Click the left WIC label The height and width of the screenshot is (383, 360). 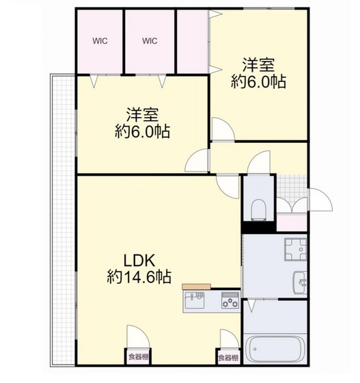pyautogui.click(x=100, y=41)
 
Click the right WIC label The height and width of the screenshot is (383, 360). pyautogui.click(x=150, y=40)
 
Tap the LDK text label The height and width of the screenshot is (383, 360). pyautogui.click(x=139, y=261)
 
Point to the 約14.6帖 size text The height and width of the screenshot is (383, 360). pyautogui.click(x=139, y=276)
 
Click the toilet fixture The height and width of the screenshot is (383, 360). pyautogui.click(x=258, y=209)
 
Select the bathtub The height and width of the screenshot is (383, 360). pyautogui.click(x=275, y=349)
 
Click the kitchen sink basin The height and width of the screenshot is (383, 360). pyautogui.click(x=195, y=300)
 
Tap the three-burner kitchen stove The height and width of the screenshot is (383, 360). pyautogui.click(x=230, y=300)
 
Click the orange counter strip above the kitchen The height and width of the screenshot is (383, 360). pyautogui.click(x=196, y=287)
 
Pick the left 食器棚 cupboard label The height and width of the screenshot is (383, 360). pyautogui.click(x=138, y=357)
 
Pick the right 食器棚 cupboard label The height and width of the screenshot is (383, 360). pyautogui.click(x=228, y=358)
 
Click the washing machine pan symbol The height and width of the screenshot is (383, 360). pyautogui.click(x=296, y=250)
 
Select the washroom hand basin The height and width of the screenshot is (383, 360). pyautogui.click(x=301, y=282)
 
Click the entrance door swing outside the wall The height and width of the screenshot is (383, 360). pyautogui.click(x=320, y=200)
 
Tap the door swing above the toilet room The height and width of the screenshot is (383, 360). pyautogui.click(x=259, y=162)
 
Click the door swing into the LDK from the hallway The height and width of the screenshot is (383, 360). pyautogui.click(x=227, y=187)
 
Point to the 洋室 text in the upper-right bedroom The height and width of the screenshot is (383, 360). pyautogui.click(x=258, y=65)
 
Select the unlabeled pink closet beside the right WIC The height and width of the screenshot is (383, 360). pyautogui.click(x=192, y=42)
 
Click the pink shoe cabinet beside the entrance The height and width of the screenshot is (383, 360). pyautogui.click(x=292, y=223)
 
